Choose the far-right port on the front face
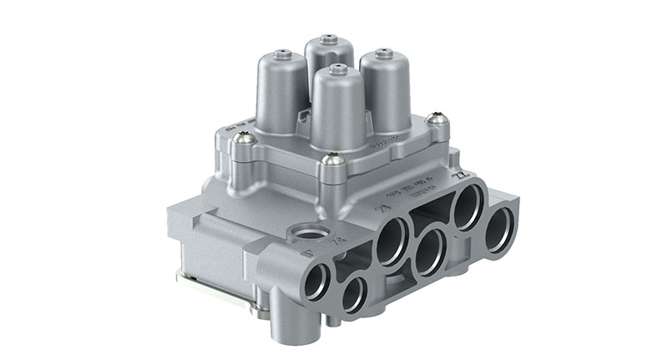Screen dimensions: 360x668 point(499,229)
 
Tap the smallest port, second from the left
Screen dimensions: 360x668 point(354,294)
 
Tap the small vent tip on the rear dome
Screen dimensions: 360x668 point(328,38)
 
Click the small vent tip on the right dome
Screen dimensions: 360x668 point(384,53)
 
